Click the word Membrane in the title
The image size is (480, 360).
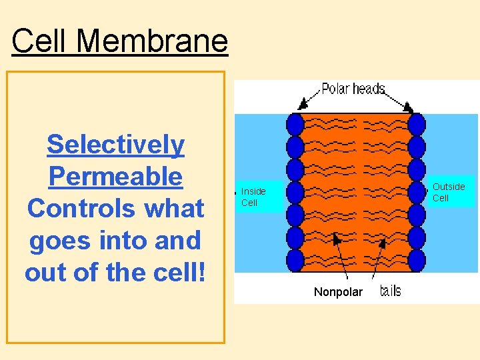152,41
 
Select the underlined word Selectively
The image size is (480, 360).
115,144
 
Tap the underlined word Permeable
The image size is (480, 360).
115,176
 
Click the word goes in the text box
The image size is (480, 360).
64,240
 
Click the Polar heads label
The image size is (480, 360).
353,89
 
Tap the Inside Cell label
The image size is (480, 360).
253,197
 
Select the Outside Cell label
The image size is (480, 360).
449,192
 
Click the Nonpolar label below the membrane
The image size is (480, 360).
338,292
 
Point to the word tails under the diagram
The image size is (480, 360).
390,291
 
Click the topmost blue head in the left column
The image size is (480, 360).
295,124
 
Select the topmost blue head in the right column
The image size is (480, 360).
417,124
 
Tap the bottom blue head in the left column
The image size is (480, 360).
295,259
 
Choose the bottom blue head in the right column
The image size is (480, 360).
417,259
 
